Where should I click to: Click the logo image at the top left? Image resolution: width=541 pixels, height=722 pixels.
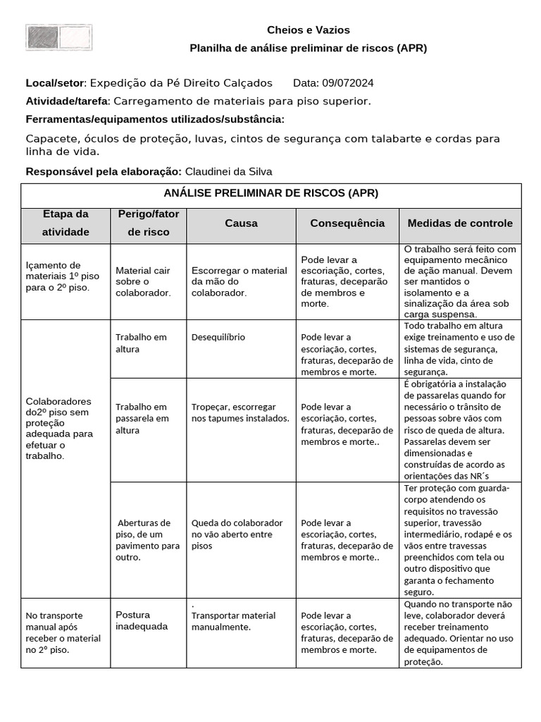click(58, 37)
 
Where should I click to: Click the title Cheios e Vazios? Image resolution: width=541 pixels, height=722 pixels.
click(308, 30)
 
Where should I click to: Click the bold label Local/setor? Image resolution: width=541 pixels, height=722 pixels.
click(55, 83)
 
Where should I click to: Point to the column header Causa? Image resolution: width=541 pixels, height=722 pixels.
click(241, 223)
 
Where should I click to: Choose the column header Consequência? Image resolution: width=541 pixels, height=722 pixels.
click(347, 223)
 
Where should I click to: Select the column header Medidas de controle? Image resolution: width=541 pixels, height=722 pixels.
click(460, 223)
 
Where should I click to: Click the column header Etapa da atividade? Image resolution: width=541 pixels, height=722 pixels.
click(66, 223)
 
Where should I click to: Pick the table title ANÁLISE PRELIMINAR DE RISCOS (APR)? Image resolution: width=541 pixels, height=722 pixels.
click(271, 192)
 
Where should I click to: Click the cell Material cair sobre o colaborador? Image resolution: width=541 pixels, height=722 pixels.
click(143, 281)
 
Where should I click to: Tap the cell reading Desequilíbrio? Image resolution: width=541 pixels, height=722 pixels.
click(218, 337)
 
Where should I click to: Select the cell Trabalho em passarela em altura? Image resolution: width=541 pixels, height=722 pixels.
click(142, 418)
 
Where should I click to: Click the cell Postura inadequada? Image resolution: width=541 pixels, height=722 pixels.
click(142, 620)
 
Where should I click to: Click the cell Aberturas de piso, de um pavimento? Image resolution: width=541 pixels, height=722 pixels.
click(148, 539)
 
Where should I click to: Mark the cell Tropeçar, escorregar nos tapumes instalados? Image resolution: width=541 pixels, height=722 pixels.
click(240, 412)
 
